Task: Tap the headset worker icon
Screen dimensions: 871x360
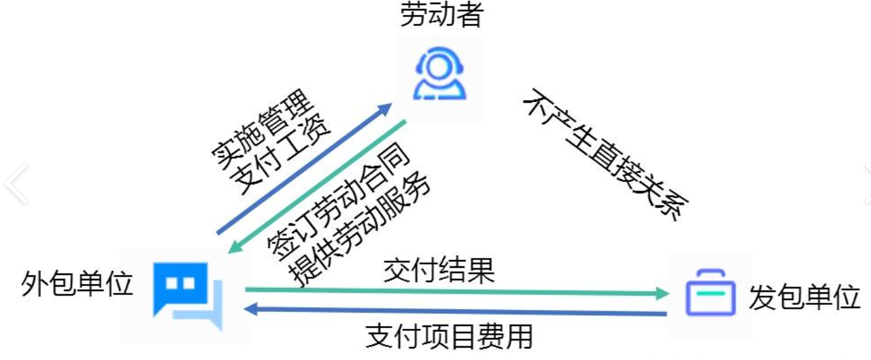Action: (x=441, y=74)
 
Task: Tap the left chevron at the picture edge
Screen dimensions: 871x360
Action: (x=16, y=184)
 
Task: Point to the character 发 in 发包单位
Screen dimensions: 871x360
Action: (x=762, y=298)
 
